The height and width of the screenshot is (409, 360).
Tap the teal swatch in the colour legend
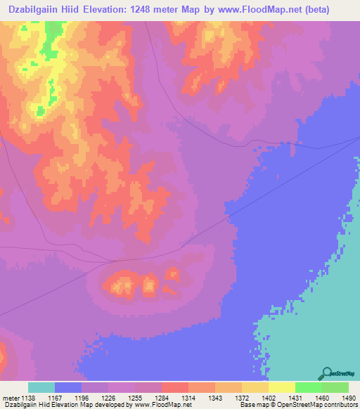click(x=41, y=387)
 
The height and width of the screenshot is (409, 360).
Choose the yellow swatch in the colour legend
click(x=281, y=387)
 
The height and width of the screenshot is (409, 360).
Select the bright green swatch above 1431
click(x=308, y=387)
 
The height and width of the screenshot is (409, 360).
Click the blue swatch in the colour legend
click(x=68, y=387)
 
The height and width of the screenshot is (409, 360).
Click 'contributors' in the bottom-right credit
click(x=341, y=405)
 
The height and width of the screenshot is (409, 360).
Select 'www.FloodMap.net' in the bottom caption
click(x=162, y=405)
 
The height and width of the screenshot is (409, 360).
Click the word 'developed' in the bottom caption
click(x=112, y=405)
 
